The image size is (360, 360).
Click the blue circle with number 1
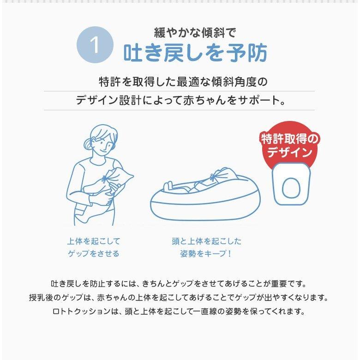pyautogui.click(x=95, y=45)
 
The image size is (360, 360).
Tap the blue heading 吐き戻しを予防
pyautogui.click(x=195, y=53)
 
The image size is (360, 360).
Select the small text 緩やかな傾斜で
pyautogui.click(x=195, y=33)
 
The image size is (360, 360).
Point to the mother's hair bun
pyautogui.click(x=89, y=144)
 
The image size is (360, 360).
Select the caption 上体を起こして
pyautogui.click(x=94, y=241)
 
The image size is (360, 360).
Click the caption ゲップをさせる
pyautogui.click(x=94, y=254)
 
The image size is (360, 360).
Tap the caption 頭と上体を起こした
pyautogui.click(x=207, y=241)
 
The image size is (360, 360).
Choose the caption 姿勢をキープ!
pyautogui.click(x=206, y=254)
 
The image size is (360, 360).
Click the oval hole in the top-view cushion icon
pyautogui.click(x=291, y=188)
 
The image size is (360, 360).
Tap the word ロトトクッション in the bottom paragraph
pyautogui.click(x=82, y=312)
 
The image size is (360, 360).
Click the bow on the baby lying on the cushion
pyautogui.click(x=213, y=177)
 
